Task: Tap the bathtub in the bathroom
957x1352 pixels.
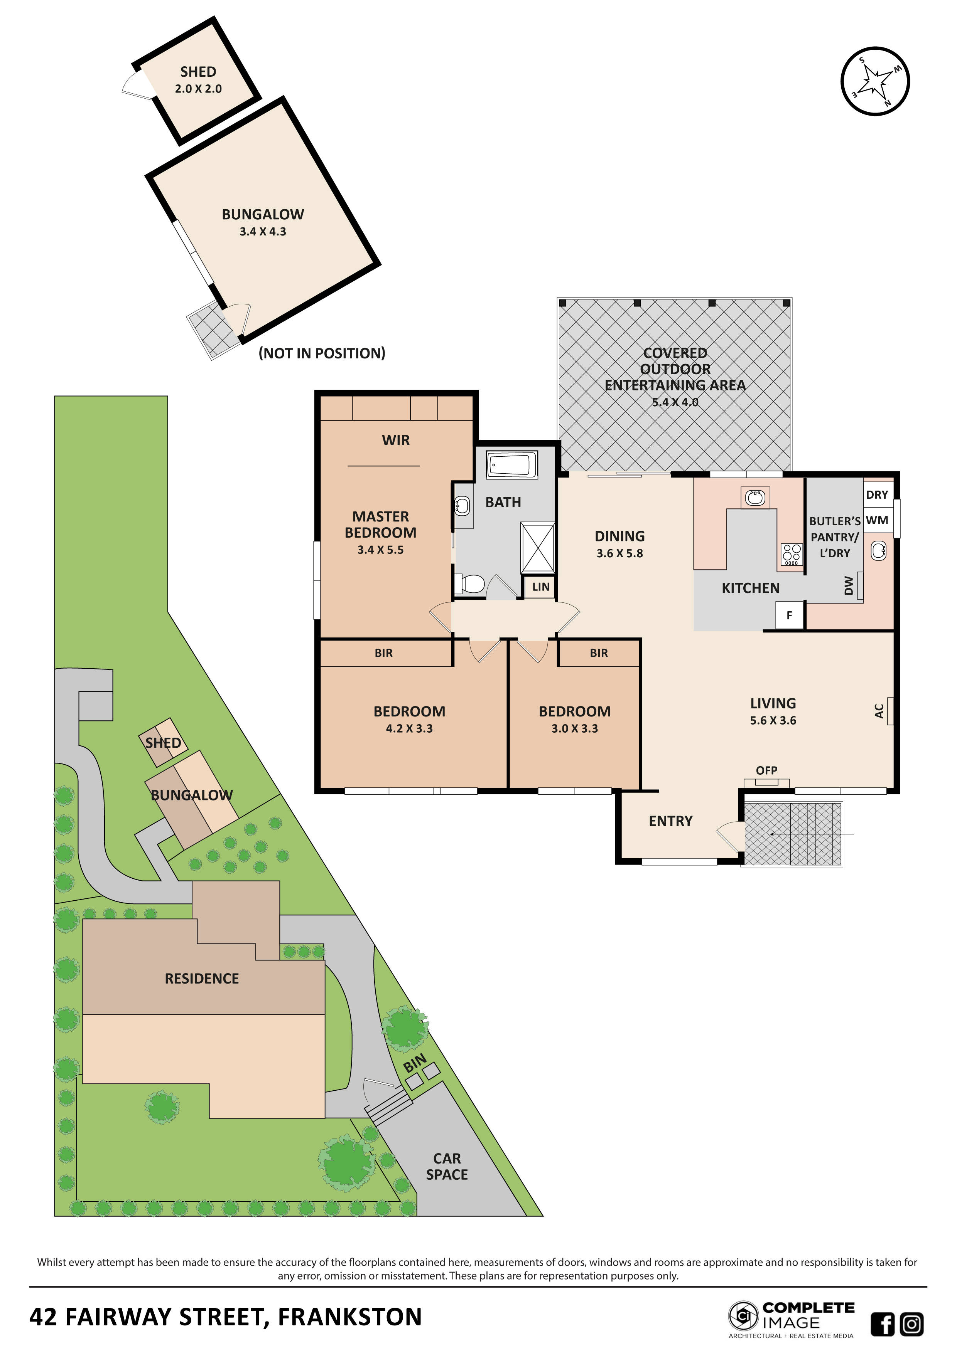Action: [511, 464]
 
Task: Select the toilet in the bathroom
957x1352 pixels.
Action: [470, 584]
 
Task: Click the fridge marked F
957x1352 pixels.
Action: [789, 616]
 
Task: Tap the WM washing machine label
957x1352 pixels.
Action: [877, 520]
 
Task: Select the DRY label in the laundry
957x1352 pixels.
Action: [877, 494]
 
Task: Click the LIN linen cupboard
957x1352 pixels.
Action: [540, 587]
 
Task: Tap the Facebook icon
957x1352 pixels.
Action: [882, 1324]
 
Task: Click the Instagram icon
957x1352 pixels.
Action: [911, 1324]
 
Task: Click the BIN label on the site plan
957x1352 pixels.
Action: [415, 1063]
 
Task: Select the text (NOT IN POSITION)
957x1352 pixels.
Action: [322, 353]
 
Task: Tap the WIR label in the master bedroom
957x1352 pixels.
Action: [395, 441]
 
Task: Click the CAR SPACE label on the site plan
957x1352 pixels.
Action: [447, 1167]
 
